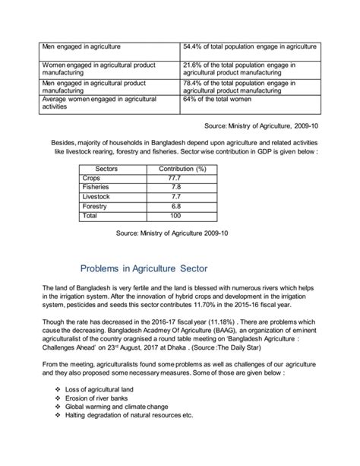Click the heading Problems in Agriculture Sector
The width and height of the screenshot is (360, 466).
click(x=150, y=269)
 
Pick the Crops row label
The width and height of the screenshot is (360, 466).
click(x=92, y=178)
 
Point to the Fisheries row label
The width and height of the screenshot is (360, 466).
click(x=96, y=187)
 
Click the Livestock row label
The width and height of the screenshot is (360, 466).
click(x=96, y=196)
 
